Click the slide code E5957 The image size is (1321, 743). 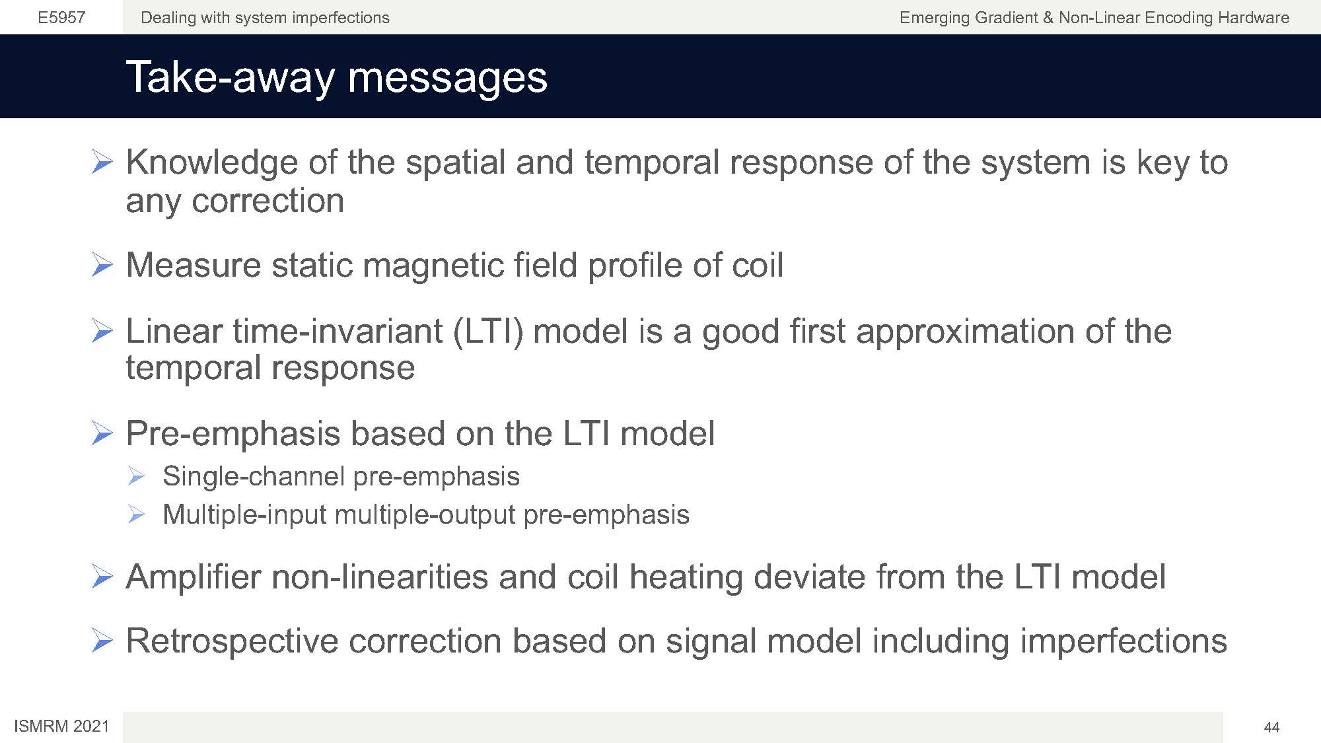61,18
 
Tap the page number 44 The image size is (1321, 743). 1271,727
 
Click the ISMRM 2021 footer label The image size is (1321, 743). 61,726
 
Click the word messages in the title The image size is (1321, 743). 448,78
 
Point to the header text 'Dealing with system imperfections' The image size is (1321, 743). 265,18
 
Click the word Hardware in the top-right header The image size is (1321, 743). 1250,18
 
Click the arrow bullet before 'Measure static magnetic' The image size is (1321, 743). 102,265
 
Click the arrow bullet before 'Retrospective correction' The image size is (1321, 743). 102,641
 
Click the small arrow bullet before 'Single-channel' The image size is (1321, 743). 136,476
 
